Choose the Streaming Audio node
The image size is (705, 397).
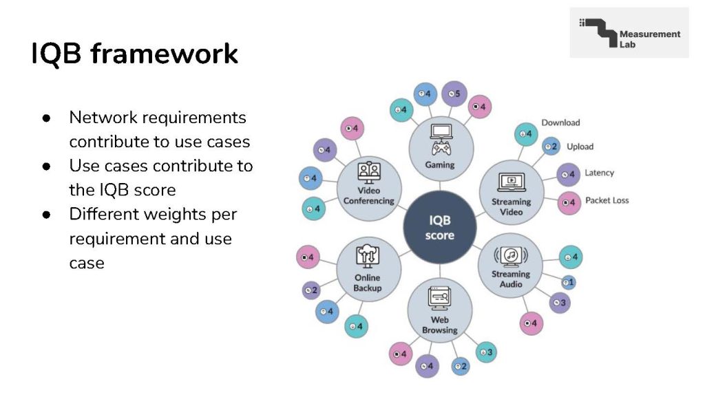pyautogui.click(x=510, y=265)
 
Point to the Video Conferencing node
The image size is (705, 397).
pyautogui.click(x=368, y=187)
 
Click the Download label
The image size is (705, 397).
pyautogui.click(x=560, y=122)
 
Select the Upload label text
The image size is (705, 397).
pyautogui.click(x=580, y=147)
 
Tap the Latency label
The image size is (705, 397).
pyautogui.click(x=599, y=173)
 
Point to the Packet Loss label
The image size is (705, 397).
pyautogui.click(x=607, y=200)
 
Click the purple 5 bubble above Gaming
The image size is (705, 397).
pyautogui.click(x=453, y=93)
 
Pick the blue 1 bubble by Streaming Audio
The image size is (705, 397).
pyautogui.click(x=568, y=281)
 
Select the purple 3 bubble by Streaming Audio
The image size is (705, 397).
pyautogui.click(x=559, y=302)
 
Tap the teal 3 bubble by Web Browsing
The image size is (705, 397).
pyautogui.click(x=485, y=352)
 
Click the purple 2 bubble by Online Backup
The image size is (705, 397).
pyautogui.click(x=311, y=290)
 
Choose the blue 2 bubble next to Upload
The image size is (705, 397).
pyautogui.click(x=551, y=147)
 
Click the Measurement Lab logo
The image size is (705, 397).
pyautogui.click(x=629, y=33)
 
